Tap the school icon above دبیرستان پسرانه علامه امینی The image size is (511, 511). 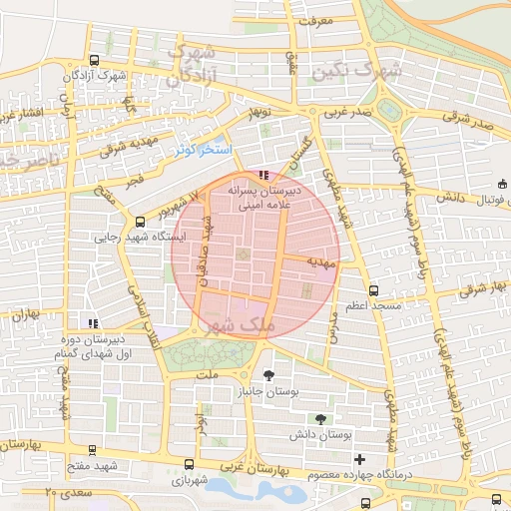tap(263, 176)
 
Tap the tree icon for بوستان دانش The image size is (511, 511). tap(319, 419)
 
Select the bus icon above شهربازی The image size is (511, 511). tap(190, 464)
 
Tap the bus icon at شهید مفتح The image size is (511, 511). tap(94, 451)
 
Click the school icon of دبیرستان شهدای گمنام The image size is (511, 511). tap(93, 323)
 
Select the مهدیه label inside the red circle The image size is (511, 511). tap(321, 261)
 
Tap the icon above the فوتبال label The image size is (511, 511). tap(502, 184)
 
